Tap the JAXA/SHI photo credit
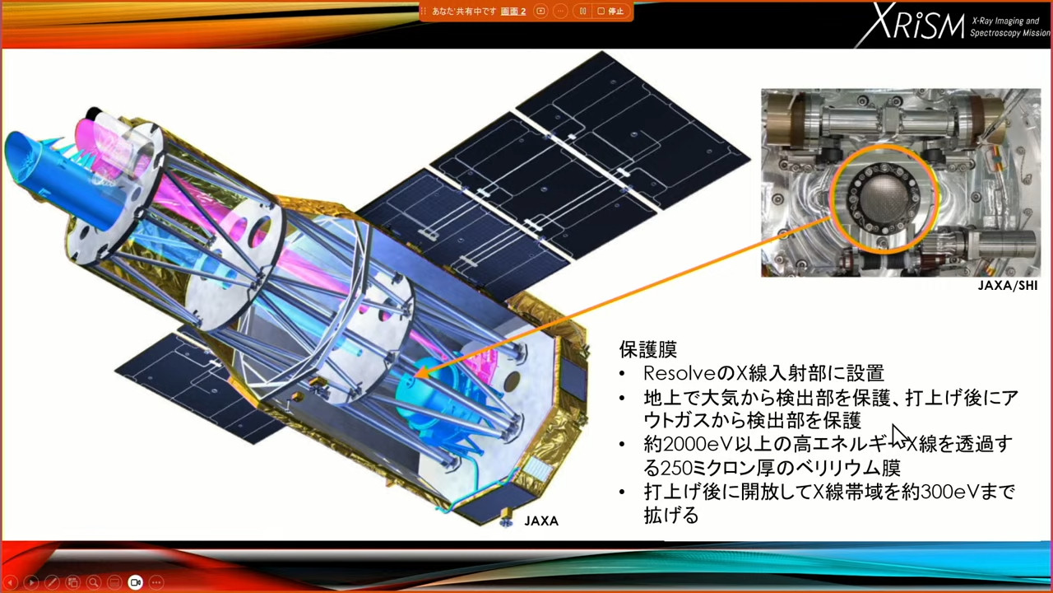click(x=1008, y=286)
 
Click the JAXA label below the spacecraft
click(x=541, y=521)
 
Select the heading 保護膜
click(x=647, y=349)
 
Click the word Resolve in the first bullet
click(x=680, y=373)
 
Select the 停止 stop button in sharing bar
click(x=611, y=11)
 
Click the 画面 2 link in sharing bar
click(x=513, y=12)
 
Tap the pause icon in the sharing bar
click(x=582, y=11)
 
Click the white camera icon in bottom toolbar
click(x=135, y=582)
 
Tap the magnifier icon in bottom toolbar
click(x=94, y=582)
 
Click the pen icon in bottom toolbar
click(x=52, y=582)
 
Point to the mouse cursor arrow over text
click(x=899, y=437)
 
